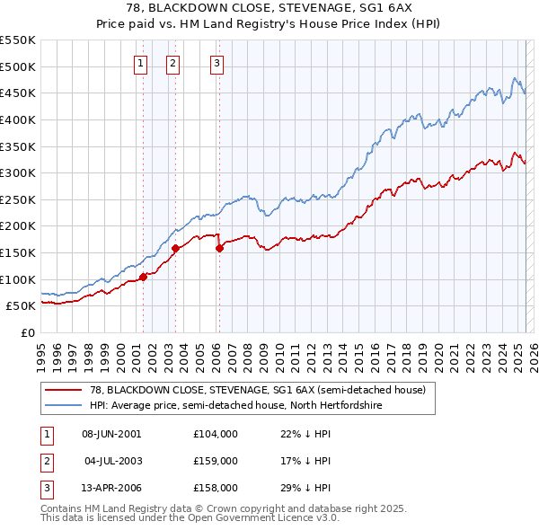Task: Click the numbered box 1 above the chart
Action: tap(142, 63)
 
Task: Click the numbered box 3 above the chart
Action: tap(217, 63)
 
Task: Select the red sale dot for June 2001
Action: tap(143, 277)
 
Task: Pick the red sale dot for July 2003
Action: tap(175, 248)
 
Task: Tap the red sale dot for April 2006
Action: tap(219, 249)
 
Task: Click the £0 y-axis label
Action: tap(28, 332)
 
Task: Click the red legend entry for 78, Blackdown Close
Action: tap(251, 391)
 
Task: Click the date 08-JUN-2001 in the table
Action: tap(111, 434)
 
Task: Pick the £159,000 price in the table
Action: tap(216, 461)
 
